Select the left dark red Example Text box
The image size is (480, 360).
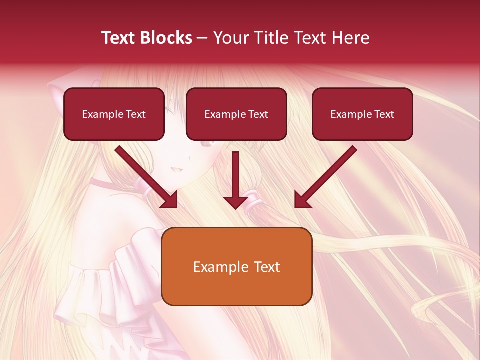pyautogui.click(x=114, y=114)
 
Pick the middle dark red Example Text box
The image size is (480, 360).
pyautogui.click(x=236, y=114)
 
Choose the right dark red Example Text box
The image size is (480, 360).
pyautogui.click(x=362, y=114)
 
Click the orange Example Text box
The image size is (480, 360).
pyautogui.click(x=236, y=266)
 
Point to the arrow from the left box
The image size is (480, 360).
pyautogui.click(x=147, y=177)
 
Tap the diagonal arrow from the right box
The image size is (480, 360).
pyautogui.click(x=325, y=177)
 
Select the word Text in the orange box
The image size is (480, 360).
pyautogui.click(x=266, y=267)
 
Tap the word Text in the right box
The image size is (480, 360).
pyautogui.click(x=384, y=114)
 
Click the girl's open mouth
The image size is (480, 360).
pyautogui.click(x=176, y=169)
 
